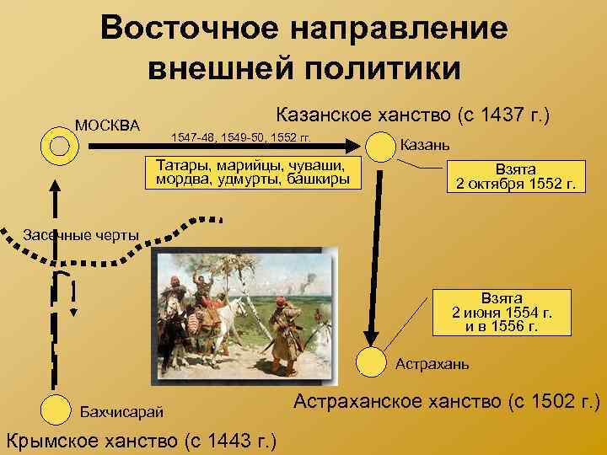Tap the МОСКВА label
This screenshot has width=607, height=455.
pyautogui.click(x=108, y=126)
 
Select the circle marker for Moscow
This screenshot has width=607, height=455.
pyautogui.click(x=59, y=146)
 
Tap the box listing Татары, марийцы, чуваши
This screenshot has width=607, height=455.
pyautogui.click(x=253, y=172)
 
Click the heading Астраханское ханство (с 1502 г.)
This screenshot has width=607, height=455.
pyautogui.click(x=446, y=401)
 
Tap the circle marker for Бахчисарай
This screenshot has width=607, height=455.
pyautogui.click(x=55, y=409)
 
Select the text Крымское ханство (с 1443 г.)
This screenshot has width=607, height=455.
pyautogui.click(x=143, y=439)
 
